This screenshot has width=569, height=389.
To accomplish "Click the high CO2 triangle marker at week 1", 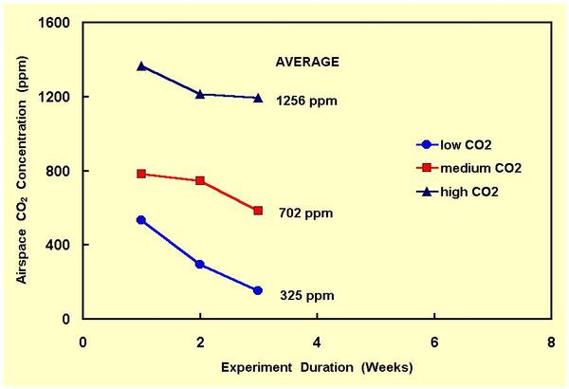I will click(141, 66).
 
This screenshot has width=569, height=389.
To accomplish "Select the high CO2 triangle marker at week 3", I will click(258, 97).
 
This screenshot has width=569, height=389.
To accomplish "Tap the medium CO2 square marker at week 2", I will click(200, 180).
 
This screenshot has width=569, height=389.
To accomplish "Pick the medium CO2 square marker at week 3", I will click(258, 210).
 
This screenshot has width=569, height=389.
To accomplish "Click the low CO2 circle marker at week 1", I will click(141, 220).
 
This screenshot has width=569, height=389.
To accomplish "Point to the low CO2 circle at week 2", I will click(200, 264).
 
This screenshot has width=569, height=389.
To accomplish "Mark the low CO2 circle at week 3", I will click(258, 290).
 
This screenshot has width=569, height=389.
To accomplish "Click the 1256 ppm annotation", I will click(307, 101).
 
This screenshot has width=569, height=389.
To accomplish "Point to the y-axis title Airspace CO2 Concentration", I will click(22, 171).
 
